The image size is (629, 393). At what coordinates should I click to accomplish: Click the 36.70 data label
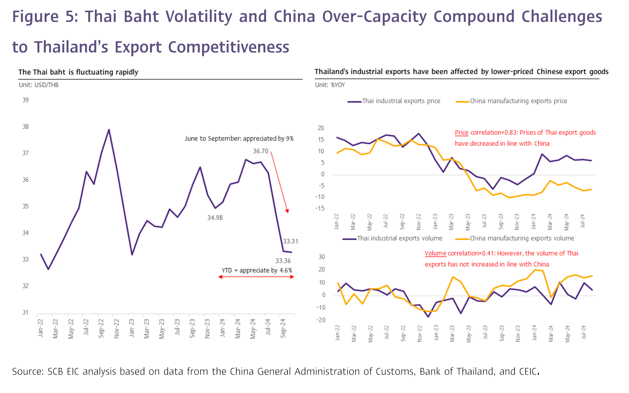point(260,151)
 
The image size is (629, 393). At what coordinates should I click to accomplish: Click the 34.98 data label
point(215,218)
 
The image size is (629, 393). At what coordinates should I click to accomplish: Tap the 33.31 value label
point(290,241)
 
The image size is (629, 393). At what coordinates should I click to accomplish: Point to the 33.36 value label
point(283,261)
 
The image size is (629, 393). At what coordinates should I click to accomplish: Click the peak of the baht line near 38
point(109,130)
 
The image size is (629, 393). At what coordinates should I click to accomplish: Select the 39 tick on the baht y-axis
point(25,100)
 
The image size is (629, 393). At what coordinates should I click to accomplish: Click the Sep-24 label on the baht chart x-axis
point(283,328)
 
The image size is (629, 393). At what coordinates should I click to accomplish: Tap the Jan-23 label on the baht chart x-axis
point(132,328)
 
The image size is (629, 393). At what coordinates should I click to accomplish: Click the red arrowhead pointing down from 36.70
point(287,211)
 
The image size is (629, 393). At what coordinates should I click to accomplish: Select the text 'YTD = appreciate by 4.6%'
point(257,270)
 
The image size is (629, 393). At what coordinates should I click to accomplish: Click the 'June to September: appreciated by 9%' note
point(239,139)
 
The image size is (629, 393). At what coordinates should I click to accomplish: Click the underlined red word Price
point(461,133)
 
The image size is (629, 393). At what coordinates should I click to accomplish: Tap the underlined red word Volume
point(435,253)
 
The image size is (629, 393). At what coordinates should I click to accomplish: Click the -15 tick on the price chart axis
point(320,208)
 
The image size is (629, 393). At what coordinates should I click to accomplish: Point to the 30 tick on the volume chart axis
point(322,257)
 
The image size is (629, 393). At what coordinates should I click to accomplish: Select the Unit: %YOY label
point(330,85)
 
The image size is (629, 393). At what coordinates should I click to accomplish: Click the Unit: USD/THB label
point(39,85)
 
